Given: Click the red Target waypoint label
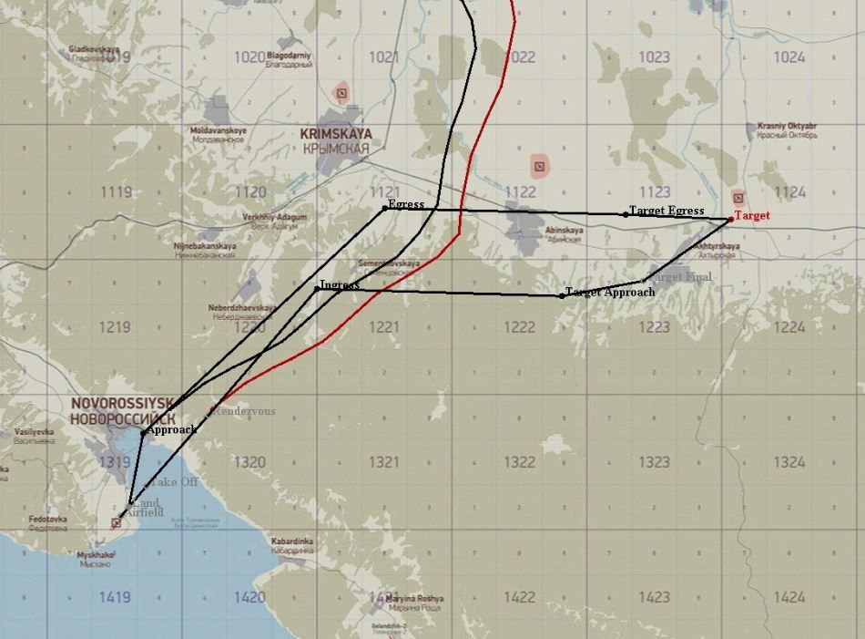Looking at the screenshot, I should (x=752, y=216).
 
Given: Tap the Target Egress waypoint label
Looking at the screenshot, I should (x=667, y=211).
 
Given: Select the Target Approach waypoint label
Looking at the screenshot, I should (x=610, y=293).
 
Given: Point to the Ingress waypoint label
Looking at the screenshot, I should (x=340, y=284).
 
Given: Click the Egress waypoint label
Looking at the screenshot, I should (x=406, y=204).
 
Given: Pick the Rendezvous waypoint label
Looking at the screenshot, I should (x=244, y=411).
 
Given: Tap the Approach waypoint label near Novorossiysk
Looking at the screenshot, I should (x=172, y=429).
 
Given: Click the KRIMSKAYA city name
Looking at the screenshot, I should (x=336, y=134).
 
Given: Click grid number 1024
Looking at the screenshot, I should (x=789, y=57).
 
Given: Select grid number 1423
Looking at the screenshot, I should (x=655, y=598).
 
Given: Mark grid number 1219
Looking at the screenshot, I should (x=116, y=327).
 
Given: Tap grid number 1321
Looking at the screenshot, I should (x=384, y=463).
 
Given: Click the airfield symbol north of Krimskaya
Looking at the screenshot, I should (x=341, y=91).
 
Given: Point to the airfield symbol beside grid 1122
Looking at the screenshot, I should (x=540, y=165).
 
